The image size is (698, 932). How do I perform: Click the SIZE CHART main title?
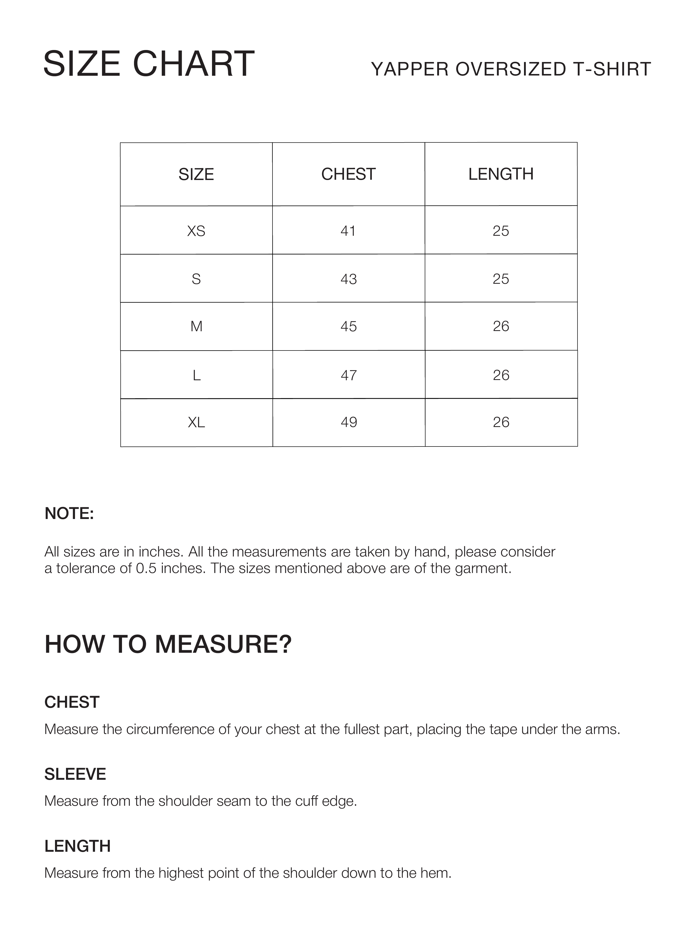pyautogui.click(x=149, y=64)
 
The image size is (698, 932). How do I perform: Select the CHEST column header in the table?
pyautogui.click(x=348, y=174)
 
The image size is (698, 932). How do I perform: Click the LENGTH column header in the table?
pyautogui.click(x=501, y=174)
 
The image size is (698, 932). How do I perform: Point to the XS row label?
pyautogui.click(x=196, y=231)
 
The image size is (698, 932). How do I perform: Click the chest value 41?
pyautogui.click(x=348, y=231)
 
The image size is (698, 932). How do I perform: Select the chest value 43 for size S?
pyautogui.click(x=348, y=279)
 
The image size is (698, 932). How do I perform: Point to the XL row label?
pyautogui.click(x=196, y=422)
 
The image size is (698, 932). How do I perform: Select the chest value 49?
pyautogui.click(x=348, y=422)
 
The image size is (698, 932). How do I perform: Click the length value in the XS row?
pyautogui.click(x=501, y=231)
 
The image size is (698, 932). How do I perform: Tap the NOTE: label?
pyautogui.click(x=69, y=513)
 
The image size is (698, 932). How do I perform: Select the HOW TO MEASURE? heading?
pyautogui.click(x=168, y=644)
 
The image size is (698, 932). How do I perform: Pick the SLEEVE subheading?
pyautogui.click(x=75, y=774)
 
